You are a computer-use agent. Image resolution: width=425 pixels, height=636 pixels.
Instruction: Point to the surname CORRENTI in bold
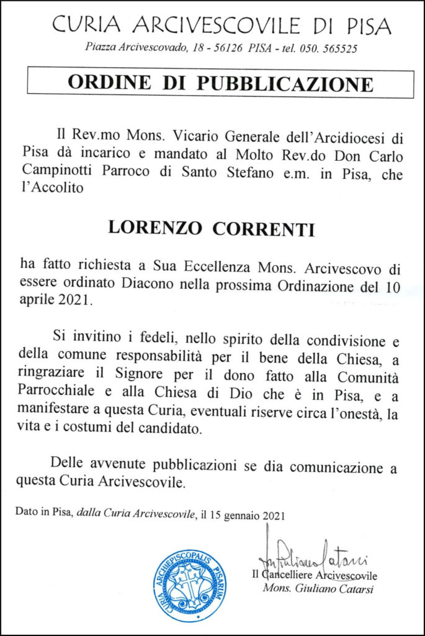(264, 228)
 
